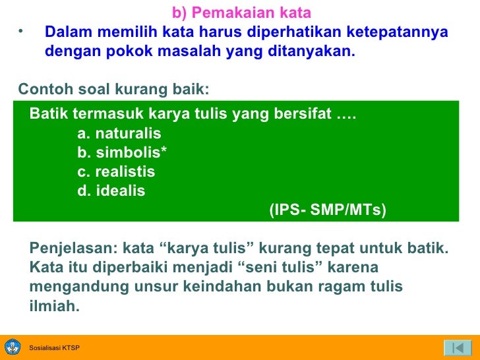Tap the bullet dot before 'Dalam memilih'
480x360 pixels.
point(21,31)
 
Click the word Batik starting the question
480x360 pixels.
point(49,114)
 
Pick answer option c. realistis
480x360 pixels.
point(116,172)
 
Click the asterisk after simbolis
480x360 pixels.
point(164,152)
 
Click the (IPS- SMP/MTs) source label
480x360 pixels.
point(328,210)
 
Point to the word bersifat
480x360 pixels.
point(301,114)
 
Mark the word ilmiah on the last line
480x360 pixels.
point(55,306)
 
